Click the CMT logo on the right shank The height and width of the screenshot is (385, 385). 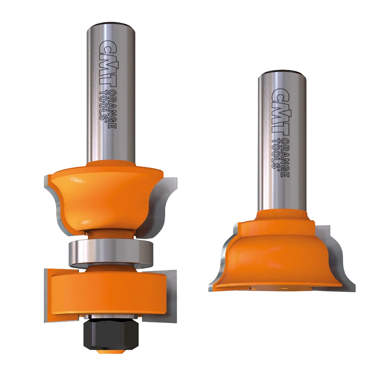click(x=280, y=112)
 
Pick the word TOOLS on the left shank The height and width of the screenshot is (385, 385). click(x=103, y=105)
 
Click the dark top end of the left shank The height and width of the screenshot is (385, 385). click(x=111, y=24)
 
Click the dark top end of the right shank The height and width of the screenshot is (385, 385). click(x=282, y=72)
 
